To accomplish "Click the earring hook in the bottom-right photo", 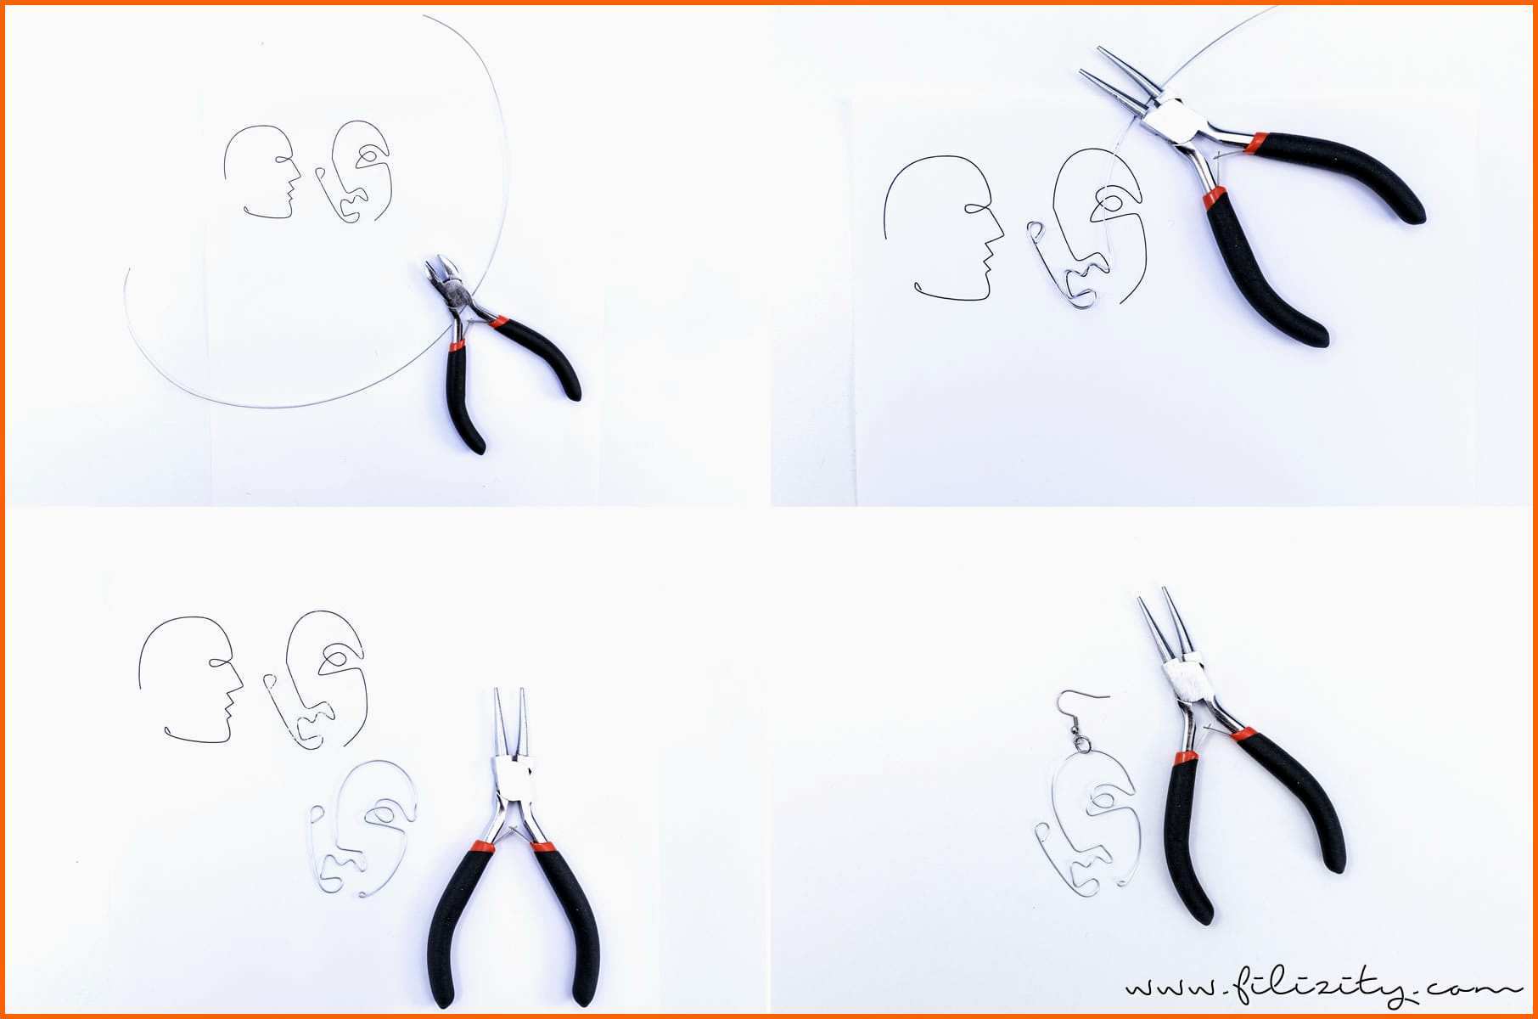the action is click(x=1081, y=722).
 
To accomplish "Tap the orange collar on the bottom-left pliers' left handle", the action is click(x=480, y=846).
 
